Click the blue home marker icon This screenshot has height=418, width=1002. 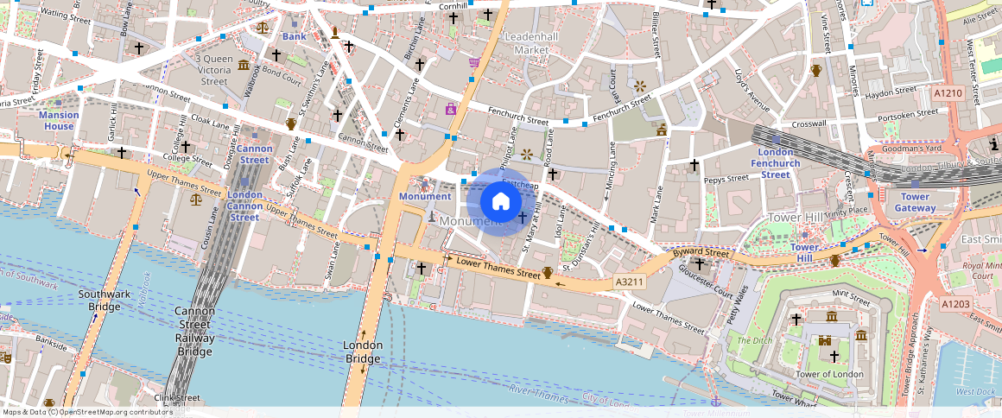[x=500, y=202]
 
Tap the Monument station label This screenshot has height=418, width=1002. [x=425, y=196]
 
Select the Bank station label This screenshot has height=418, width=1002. [x=294, y=36]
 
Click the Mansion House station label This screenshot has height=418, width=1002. [x=60, y=121]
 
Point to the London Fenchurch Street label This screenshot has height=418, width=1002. [x=776, y=163]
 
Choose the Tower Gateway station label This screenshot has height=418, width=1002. [x=915, y=202]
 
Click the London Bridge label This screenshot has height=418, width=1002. [x=363, y=351]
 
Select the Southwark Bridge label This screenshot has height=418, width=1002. [x=99, y=300]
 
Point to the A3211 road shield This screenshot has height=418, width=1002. [x=630, y=282]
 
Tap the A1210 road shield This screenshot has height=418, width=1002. [x=948, y=92]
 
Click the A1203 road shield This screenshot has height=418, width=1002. [x=955, y=304]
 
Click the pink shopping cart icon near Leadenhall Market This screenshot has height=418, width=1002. [x=474, y=62]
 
